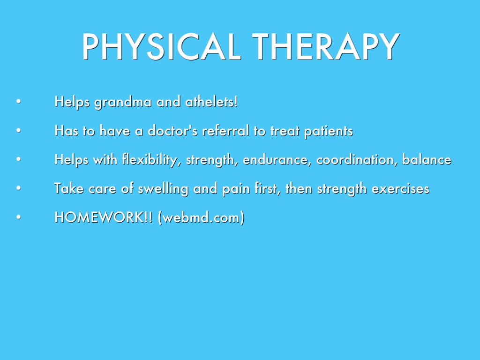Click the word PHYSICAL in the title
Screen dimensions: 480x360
click(161, 46)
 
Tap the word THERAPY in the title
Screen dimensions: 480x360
click(326, 46)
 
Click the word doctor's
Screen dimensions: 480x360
click(172, 131)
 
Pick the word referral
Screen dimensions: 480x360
click(225, 131)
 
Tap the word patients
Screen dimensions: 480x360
click(329, 131)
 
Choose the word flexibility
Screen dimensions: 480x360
click(150, 160)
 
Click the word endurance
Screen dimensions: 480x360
click(277, 160)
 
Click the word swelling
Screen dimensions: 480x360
click(163, 189)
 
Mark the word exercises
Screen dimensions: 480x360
click(400, 188)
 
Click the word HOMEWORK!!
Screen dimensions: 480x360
click(104, 217)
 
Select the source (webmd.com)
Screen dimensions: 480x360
click(201, 217)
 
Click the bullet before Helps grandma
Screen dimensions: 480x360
click(19, 101)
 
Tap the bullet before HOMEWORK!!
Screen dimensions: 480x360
click(19, 217)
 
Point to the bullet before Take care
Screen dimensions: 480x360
click(19, 187)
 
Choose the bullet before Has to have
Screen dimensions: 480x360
click(19, 130)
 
